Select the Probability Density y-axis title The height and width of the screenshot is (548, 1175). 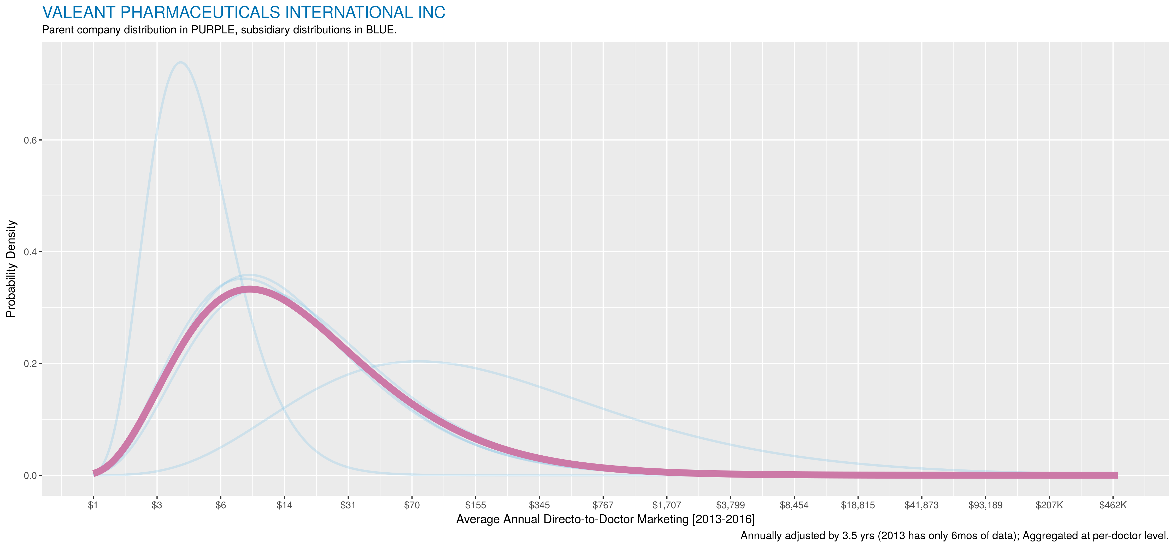(x=11, y=269)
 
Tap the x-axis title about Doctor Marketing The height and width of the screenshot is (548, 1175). (x=605, y=519)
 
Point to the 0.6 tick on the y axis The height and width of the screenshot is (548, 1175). (x=30, y=140)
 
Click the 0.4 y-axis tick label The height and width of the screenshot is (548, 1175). (x=30, y=252)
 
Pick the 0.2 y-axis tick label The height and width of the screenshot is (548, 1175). (x=30, y=364)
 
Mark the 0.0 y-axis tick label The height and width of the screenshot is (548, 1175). (x=30, y=475)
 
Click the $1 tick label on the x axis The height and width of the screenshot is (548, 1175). (x=93, y=505)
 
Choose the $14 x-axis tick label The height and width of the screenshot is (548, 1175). (x=284, y=505)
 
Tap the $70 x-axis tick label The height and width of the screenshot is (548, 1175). (x=412, y=505)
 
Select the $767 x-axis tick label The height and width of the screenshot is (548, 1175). (x=603, y=505)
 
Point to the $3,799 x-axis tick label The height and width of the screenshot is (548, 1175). (x=730, y=505)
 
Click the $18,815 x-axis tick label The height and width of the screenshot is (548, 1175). (x=857, y=505)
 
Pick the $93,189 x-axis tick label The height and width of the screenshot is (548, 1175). (x=985, y=505)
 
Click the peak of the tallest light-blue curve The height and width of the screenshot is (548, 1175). (x=181, y=62)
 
